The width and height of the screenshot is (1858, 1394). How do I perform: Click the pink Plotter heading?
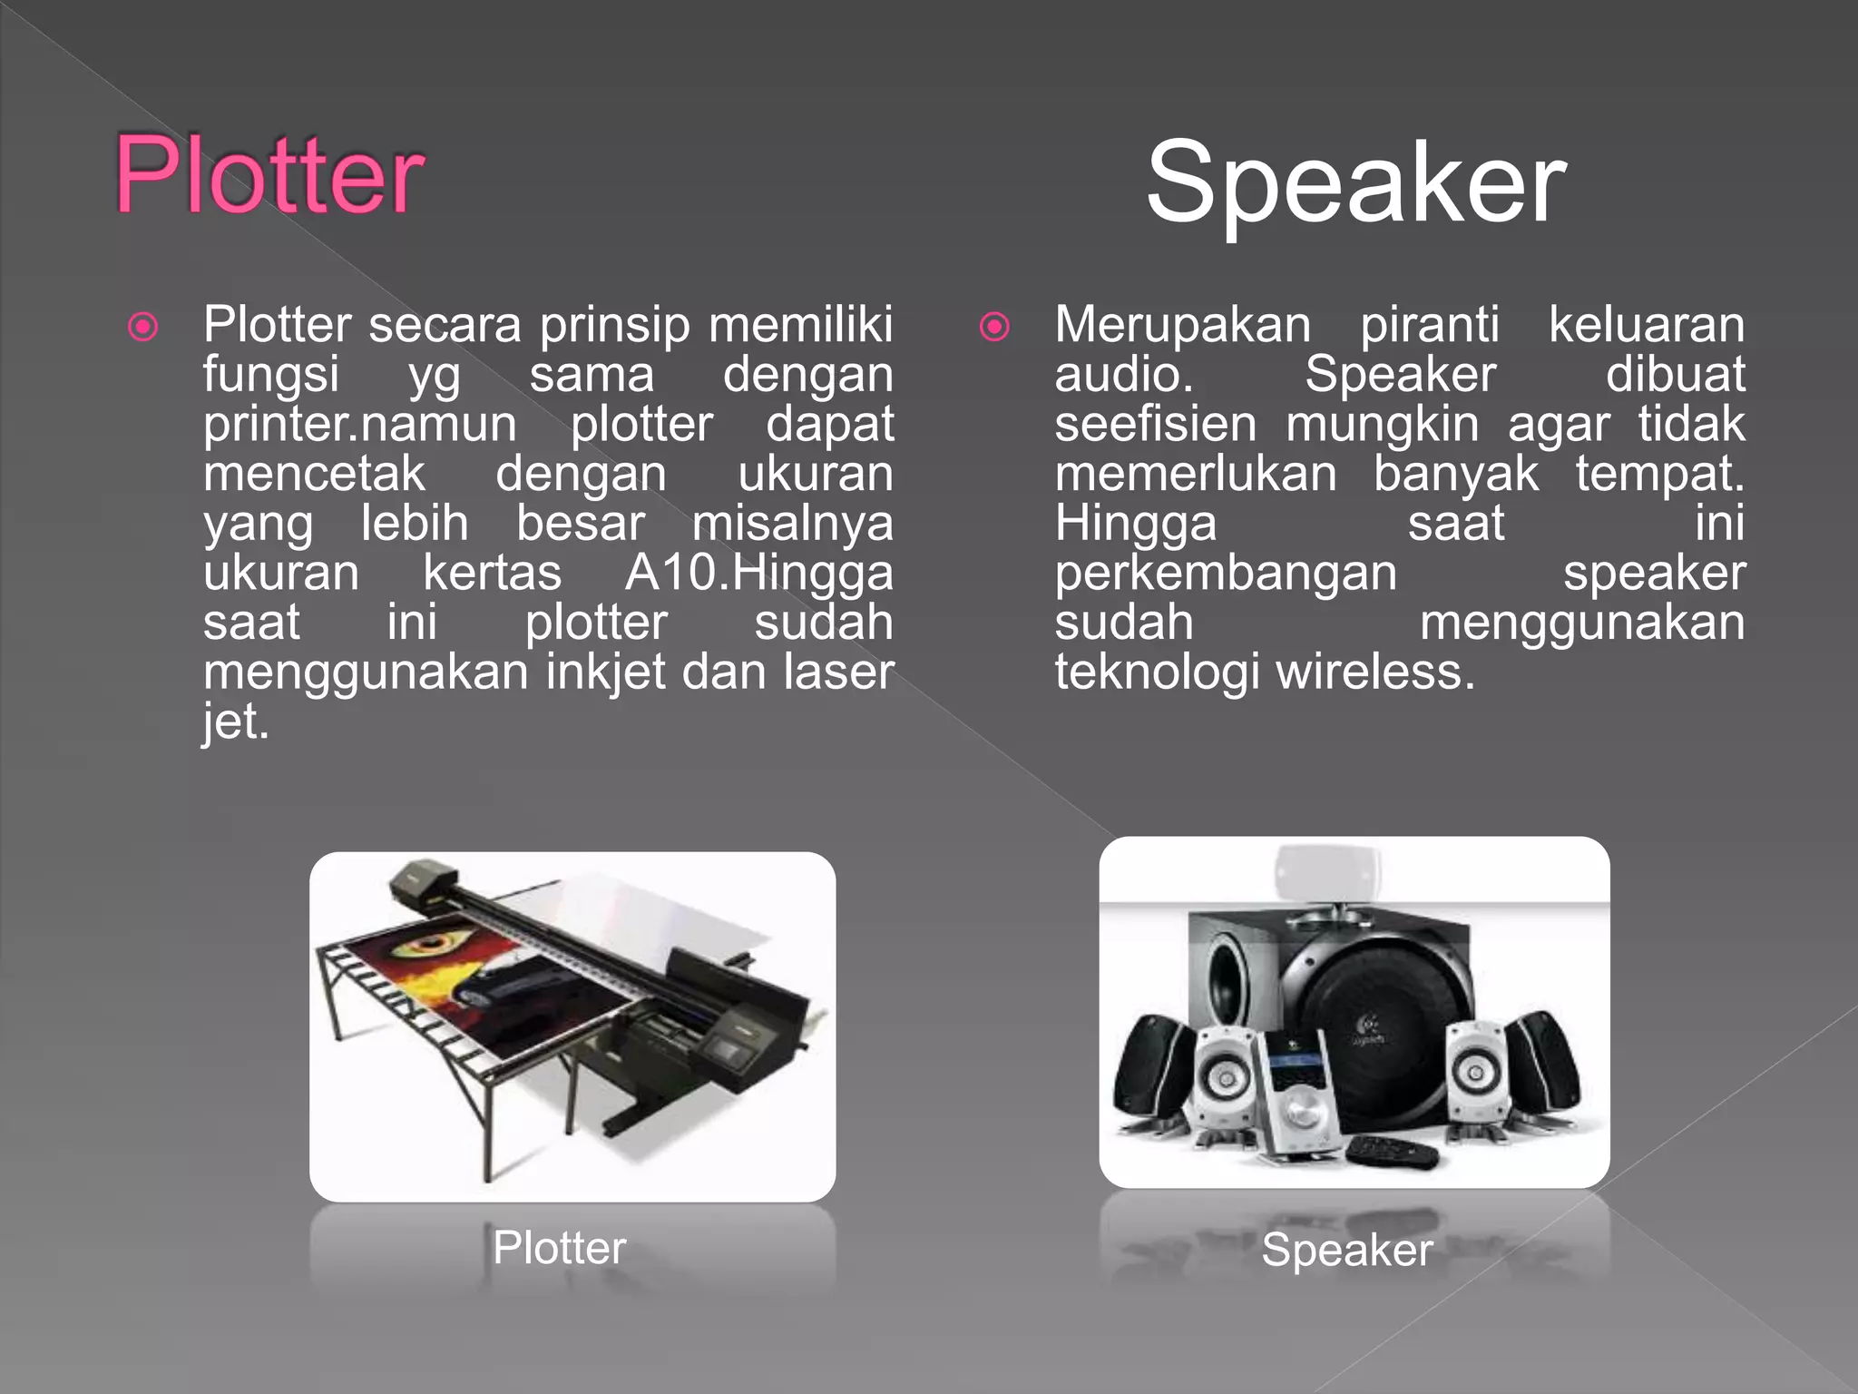coord(269,174)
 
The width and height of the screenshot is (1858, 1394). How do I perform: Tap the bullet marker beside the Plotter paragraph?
coord(143,327)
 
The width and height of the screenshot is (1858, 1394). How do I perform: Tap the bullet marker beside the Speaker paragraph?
coord(994,327)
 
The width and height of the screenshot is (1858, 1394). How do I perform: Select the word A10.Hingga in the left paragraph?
coord(758,574)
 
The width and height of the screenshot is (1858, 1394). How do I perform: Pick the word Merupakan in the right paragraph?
coord(1182,325)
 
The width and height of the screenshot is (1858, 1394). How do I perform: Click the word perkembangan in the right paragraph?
coord(1225,574)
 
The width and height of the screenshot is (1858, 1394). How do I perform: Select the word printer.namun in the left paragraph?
coord(360,425)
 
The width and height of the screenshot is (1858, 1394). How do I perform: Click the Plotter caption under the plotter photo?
coord(559,1248)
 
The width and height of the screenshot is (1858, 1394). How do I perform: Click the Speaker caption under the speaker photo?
coord(1347,1250)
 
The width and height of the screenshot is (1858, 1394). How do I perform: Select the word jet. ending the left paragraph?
coord(236,722)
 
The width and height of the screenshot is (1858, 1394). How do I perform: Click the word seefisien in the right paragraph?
coord(1155,425)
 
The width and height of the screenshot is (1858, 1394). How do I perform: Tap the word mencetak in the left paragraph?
coord(314,475)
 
